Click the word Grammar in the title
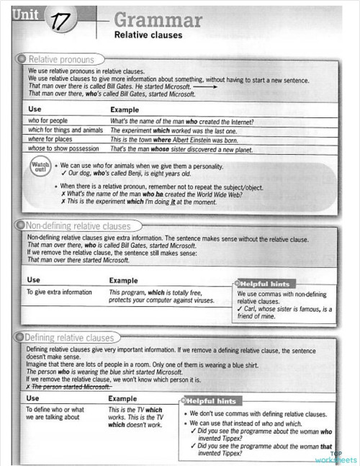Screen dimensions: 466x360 coord(158,19)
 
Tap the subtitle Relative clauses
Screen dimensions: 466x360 coord(148,35)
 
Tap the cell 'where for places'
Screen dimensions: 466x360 coord(51,139)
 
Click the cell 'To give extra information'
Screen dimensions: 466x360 coord(59,292)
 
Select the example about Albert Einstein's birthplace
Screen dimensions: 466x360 coord(174,140)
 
